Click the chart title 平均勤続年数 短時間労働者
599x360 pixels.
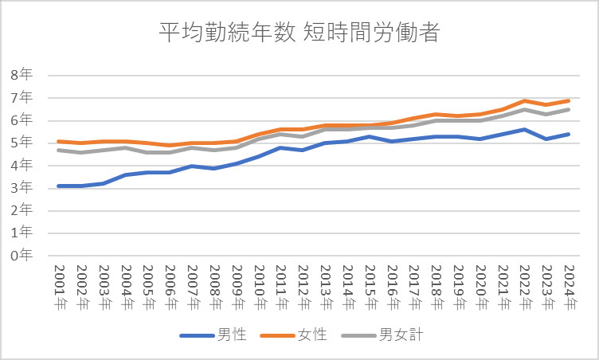(299, 33)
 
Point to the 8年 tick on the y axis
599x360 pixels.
(22, 75)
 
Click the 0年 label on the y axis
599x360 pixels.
(22, 255)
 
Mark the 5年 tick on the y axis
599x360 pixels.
(22, 143)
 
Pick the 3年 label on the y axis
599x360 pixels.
(22, 187)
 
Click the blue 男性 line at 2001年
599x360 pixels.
(58, 186)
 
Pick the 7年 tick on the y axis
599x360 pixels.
(22, 97)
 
